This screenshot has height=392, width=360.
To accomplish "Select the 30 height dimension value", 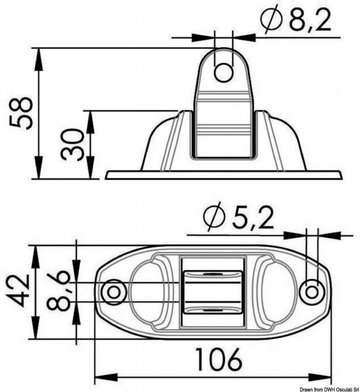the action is (72, 144).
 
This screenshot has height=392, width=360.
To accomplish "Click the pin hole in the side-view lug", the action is (224, 72).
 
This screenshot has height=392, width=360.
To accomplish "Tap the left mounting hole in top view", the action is (114, 292).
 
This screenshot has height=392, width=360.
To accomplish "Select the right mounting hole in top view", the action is (312, 292).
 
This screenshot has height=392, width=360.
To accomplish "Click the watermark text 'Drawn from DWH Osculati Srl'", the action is (329, 389).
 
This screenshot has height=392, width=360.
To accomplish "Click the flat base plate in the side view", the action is (223, 175).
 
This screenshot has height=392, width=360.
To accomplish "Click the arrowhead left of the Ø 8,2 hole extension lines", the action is (203, 38).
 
